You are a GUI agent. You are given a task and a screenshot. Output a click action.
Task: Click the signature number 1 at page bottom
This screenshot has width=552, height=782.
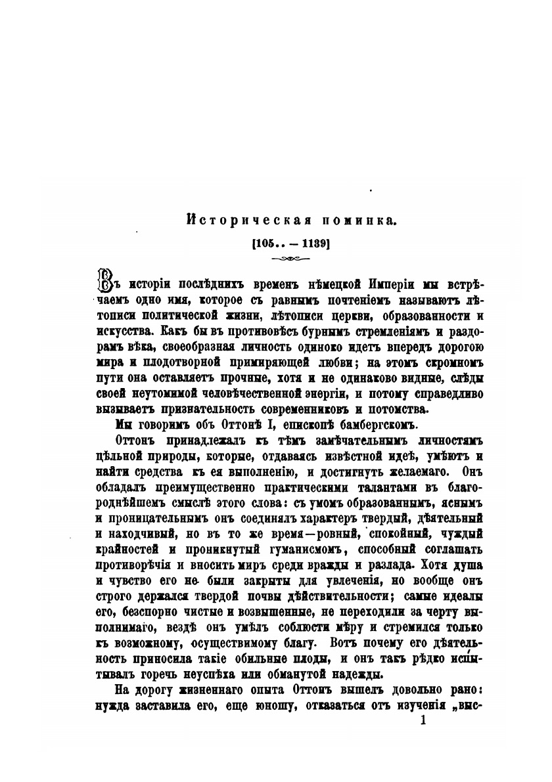(x=423, y=720)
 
